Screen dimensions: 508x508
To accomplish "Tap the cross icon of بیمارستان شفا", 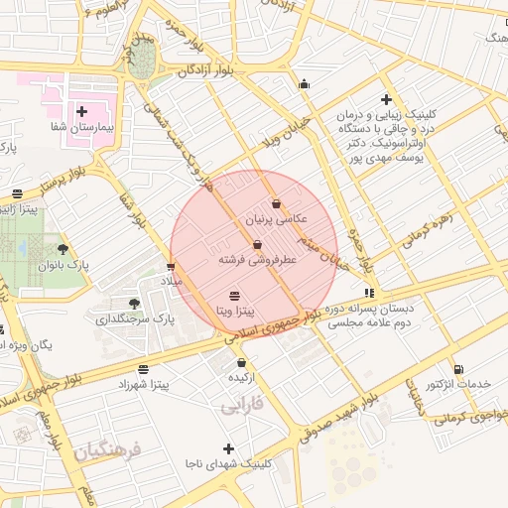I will [81, 112].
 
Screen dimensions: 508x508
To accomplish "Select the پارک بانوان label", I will [63, 265].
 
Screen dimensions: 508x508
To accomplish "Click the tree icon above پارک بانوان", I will [64, 249].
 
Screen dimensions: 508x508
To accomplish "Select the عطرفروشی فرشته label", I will [258, 259].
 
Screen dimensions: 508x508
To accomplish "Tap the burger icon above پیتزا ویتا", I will [234, 296].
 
